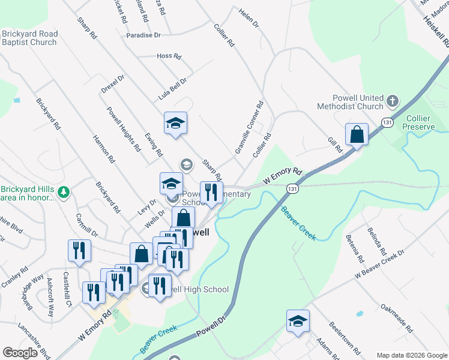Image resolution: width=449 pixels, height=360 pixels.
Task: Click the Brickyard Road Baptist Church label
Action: pos(29,38)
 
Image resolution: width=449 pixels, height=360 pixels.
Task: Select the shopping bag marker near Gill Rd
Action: pos(357,135)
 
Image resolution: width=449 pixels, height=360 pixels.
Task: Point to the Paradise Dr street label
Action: pos(143,35)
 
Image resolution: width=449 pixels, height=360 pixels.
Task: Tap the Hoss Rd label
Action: pos(169,56)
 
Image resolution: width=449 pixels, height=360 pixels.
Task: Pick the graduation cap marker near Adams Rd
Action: pos(297,322)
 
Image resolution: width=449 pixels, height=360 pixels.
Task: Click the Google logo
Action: pos(20,352)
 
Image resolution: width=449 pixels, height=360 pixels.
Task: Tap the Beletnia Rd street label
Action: pos(351,246)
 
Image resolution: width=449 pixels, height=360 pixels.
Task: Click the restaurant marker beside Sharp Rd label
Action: pos(211,193)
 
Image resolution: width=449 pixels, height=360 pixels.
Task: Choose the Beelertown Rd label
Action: pos(344,337)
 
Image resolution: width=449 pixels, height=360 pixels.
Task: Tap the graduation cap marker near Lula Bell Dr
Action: pos(175,124)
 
